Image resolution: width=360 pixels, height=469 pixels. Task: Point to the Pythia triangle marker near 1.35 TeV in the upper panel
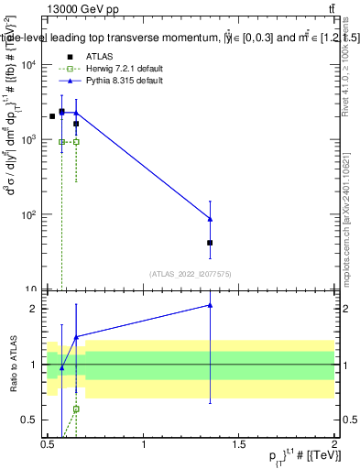pos(211,219)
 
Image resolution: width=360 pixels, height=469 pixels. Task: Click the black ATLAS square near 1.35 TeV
pos(211,243)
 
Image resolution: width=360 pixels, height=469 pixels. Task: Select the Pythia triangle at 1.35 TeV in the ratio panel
pos(211,305)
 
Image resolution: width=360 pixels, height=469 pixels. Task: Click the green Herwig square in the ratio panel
pos(76,409)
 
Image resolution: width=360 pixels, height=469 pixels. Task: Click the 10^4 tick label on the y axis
pos(28,65)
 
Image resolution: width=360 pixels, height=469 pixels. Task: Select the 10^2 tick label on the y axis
pos(28,215)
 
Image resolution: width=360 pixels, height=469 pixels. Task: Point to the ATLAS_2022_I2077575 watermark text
pos(191,273)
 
